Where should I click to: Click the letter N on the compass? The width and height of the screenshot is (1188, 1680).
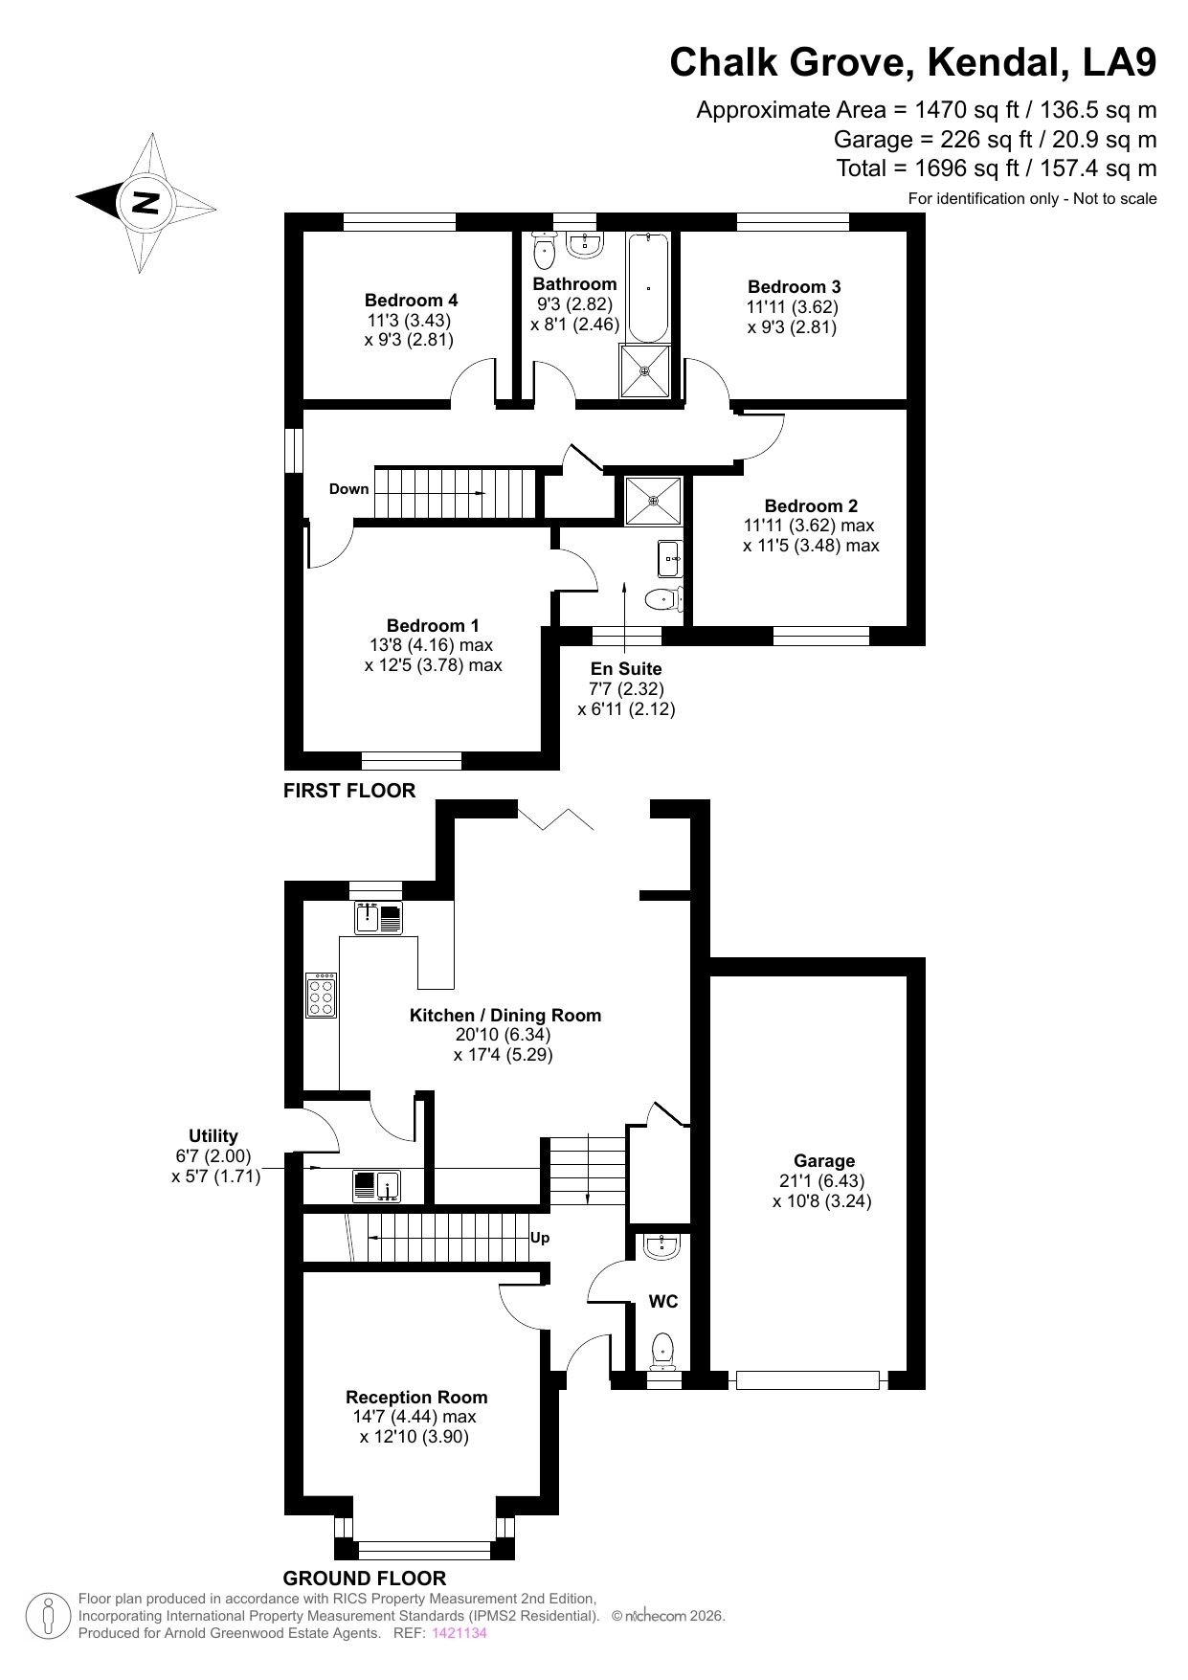coord(146,203)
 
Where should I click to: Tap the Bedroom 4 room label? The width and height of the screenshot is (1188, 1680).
coord(412,301)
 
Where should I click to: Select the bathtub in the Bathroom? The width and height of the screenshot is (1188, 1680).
coord(648,286)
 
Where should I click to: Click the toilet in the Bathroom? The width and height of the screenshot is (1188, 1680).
coord(544,250)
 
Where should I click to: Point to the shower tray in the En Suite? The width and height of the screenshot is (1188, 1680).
coord(654,501)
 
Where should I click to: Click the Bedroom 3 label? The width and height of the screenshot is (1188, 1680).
coord(795,287)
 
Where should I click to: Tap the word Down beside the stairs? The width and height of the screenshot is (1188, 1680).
coord(348,489)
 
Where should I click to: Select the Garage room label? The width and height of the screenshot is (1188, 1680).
coord(824,1161)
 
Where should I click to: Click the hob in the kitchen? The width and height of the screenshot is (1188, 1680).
coord(322,995)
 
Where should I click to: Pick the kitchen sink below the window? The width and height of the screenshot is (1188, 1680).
coord(379,917)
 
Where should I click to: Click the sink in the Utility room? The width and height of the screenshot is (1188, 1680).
coord(377,1186)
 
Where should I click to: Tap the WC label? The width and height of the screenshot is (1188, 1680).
coord(663,1302)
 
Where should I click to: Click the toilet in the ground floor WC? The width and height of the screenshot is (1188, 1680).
coord(662,1352)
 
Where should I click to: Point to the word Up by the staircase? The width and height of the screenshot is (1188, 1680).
coord(540,1238)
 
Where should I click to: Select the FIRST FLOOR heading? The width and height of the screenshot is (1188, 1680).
coord(349,791)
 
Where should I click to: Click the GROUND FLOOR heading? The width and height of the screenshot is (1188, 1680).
coord(365,1579)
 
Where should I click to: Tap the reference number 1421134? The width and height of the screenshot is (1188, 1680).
coord(460,1633)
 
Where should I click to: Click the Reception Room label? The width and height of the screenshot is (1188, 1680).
coord(416,1398)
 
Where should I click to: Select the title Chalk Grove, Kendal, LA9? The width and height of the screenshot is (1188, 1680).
coord(913,63)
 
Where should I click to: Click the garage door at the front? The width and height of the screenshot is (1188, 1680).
coord(808,1380)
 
